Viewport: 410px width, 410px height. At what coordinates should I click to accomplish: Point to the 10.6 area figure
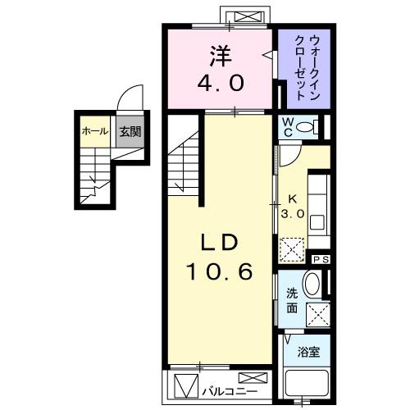(220, 271)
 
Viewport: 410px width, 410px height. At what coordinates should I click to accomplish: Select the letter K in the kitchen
(293, 198)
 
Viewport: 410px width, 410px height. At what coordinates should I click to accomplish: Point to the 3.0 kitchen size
(294, 212)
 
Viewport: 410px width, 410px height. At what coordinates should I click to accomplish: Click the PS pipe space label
(321, 260)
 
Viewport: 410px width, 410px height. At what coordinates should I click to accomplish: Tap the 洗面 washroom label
(292, 301)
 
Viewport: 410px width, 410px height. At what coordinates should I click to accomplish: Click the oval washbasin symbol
(312, 285)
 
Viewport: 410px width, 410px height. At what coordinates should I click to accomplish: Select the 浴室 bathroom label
(308, 353)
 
